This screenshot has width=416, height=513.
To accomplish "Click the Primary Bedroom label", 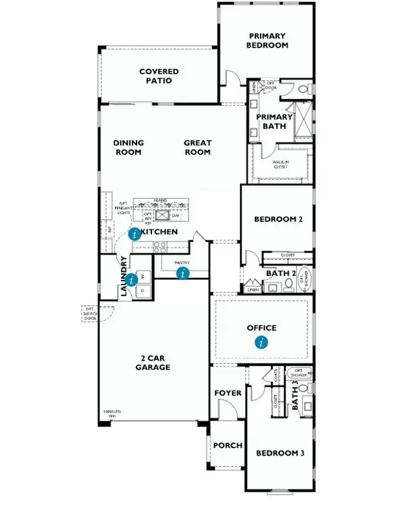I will pos(266,40).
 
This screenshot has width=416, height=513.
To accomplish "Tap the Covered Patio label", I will pos(159,76).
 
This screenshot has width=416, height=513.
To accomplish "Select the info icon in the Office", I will pos(261,342).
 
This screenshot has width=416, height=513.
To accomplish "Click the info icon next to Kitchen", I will pos(135,234).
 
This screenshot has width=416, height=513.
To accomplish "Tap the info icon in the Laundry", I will pos(133,280).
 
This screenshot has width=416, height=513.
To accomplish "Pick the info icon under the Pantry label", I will pos(183,273).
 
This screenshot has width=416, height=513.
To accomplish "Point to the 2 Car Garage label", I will pos(153,363).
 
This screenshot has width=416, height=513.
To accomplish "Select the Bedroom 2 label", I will pos(278,219).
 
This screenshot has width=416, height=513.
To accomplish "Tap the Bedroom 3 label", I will pos(279,453).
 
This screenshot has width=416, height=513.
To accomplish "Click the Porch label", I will pos(227,446).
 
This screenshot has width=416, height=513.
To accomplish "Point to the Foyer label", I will pos(227,393).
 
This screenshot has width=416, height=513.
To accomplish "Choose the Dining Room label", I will pos(128,147).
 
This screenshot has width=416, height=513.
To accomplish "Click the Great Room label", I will pos(197,147).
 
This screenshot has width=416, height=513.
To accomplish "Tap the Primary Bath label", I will pos(274,122).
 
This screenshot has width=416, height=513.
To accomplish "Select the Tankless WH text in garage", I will pos(113,413).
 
